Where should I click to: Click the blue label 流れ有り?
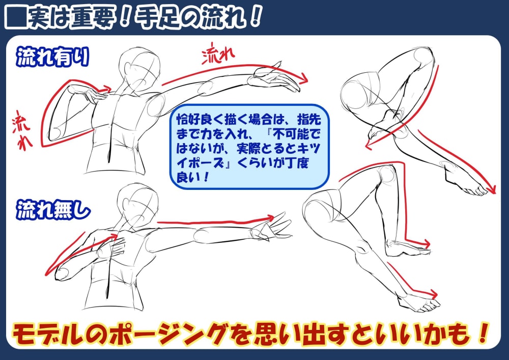click(x=52, y=57)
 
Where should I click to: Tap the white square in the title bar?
click(x=15, y=18)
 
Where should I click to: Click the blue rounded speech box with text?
click(x=249, y=146)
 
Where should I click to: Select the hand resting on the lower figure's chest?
click(x=115, y=247)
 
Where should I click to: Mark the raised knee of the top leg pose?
click(x=423, y=57)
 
